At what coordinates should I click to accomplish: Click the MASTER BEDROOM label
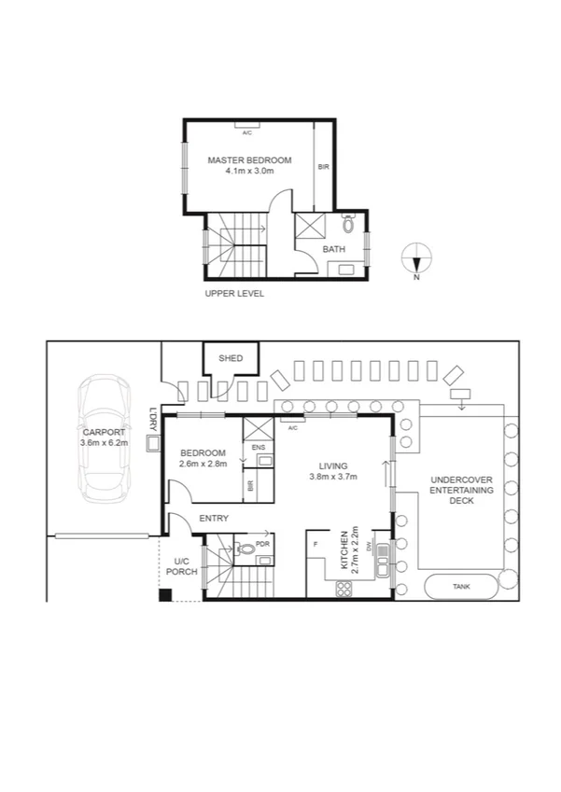click(x=249, y=160)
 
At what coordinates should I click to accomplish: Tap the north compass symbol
click(x=416, y=257)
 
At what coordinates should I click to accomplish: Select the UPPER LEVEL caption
click(x=234, y=293)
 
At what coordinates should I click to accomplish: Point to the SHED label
click(x=231, y=358)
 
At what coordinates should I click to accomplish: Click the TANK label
click(x=460, y=587)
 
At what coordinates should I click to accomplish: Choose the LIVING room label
click(x=332, y=465)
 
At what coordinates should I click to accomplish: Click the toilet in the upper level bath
click(x=349, y=225)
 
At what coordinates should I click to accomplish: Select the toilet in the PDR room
click(x=246, y=549)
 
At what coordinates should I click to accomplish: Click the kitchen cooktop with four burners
click(x=343, y=588)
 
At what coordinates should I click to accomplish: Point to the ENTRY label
click(x=214, y=518)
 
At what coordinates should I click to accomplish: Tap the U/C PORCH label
click(x=182, y=565)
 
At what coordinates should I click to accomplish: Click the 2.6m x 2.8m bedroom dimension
click(x=203, y=464)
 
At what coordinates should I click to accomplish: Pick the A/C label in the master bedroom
click(x=247, y=132)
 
